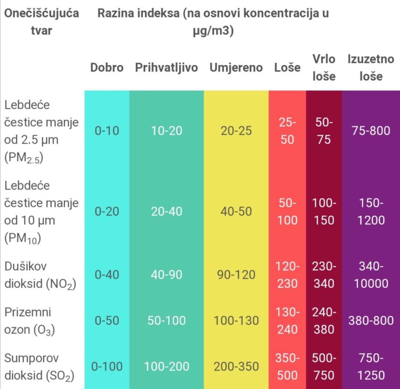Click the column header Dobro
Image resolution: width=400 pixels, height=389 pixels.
point(107,67)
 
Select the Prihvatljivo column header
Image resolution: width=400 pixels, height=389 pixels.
point(166,68)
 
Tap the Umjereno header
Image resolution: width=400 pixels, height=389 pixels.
point(236,68)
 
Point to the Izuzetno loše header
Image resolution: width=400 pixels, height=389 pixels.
point(371,67)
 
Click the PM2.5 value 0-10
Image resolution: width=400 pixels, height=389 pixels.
point(107,131)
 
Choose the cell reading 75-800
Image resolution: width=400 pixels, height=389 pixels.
point(371,131)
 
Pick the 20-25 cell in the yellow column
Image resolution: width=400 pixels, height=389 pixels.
point(236,131)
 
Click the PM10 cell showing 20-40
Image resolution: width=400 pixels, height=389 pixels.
point(166,211)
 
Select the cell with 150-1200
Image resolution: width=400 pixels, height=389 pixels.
point(371,211)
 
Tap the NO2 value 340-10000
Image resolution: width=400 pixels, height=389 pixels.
point(371,275)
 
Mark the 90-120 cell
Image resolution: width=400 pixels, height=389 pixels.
point(236,275)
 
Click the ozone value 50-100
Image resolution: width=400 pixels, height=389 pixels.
point(166,320)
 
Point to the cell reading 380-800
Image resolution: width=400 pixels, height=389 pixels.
point(371,320)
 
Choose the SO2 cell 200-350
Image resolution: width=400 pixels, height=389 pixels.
point(236,366)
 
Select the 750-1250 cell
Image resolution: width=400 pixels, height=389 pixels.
point(371,367)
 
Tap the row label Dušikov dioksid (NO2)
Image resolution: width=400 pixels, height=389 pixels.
point(40,275)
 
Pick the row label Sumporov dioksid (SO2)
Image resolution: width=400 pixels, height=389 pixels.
point(39,367)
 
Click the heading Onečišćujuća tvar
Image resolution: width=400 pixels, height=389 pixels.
point(41,21)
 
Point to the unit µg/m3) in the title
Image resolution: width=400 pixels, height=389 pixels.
point(213,30)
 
